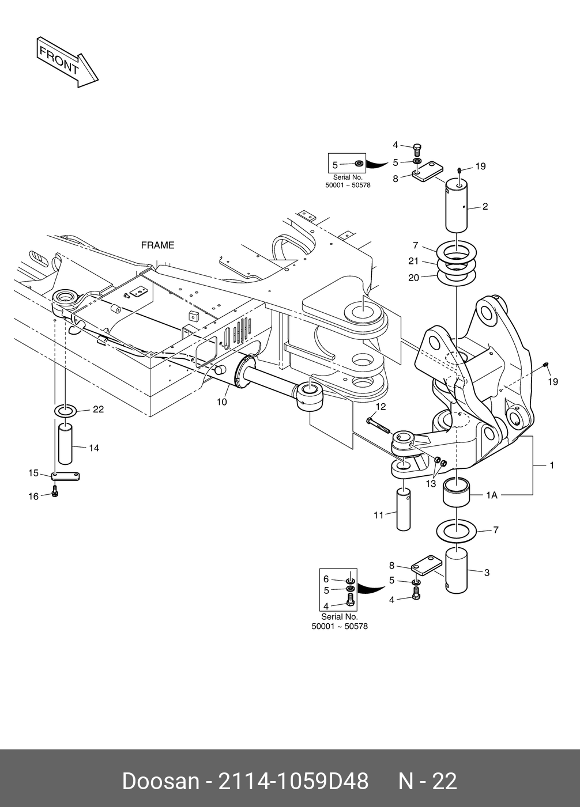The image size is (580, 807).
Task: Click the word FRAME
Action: (157, 245)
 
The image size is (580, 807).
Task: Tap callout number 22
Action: (99, 410)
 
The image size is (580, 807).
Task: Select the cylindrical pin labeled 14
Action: (65, 444)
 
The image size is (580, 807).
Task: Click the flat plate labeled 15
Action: (66, 476)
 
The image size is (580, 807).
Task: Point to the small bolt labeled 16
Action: (55, 491)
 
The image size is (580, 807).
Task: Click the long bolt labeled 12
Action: (379, 426)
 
